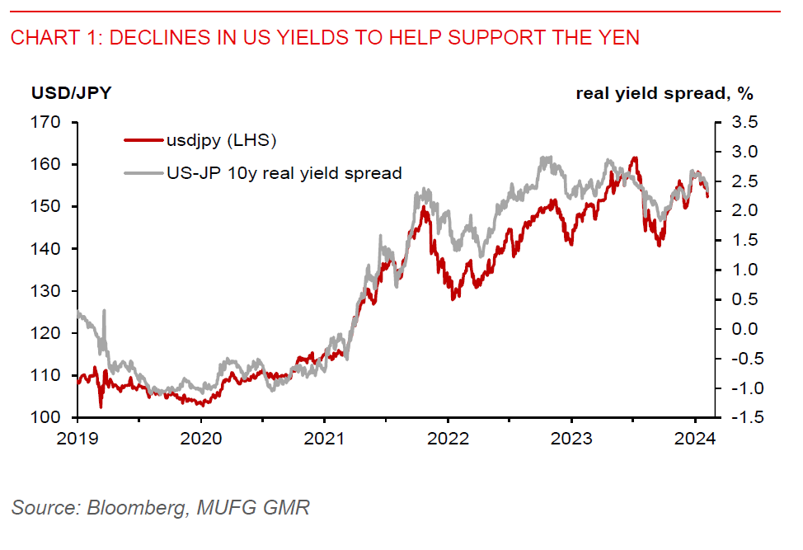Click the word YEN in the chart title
tap(619, 37)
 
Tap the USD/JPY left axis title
tap(71, 92)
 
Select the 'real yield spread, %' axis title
tap(664, 92)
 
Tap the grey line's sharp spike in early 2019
tap(104, 311)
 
